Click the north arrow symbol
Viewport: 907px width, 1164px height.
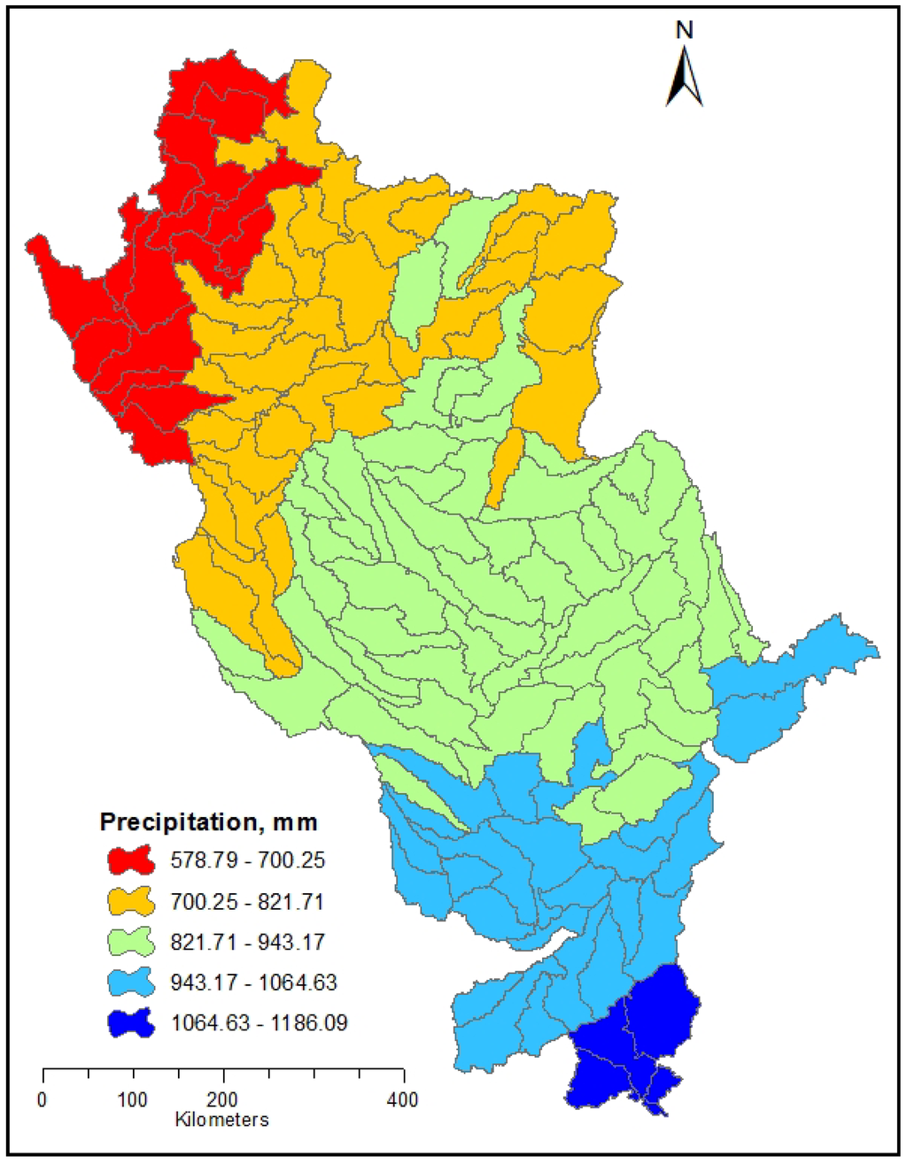[x=685, y=75]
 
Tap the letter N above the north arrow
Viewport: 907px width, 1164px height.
[x=684, y=30]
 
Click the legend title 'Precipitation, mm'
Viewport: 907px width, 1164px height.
[x=208, y=821]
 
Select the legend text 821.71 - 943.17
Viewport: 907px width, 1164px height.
[x=248, y=942]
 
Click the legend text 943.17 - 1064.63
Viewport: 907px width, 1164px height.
[x=254, y=983]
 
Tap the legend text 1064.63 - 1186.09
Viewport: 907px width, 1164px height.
[x=260, y=1023]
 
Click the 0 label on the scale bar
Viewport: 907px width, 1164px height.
[x=43, y=1100]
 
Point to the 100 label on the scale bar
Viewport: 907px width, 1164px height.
[x=133, y=1100]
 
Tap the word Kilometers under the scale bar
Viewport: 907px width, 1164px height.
[x=221, y=1120]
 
